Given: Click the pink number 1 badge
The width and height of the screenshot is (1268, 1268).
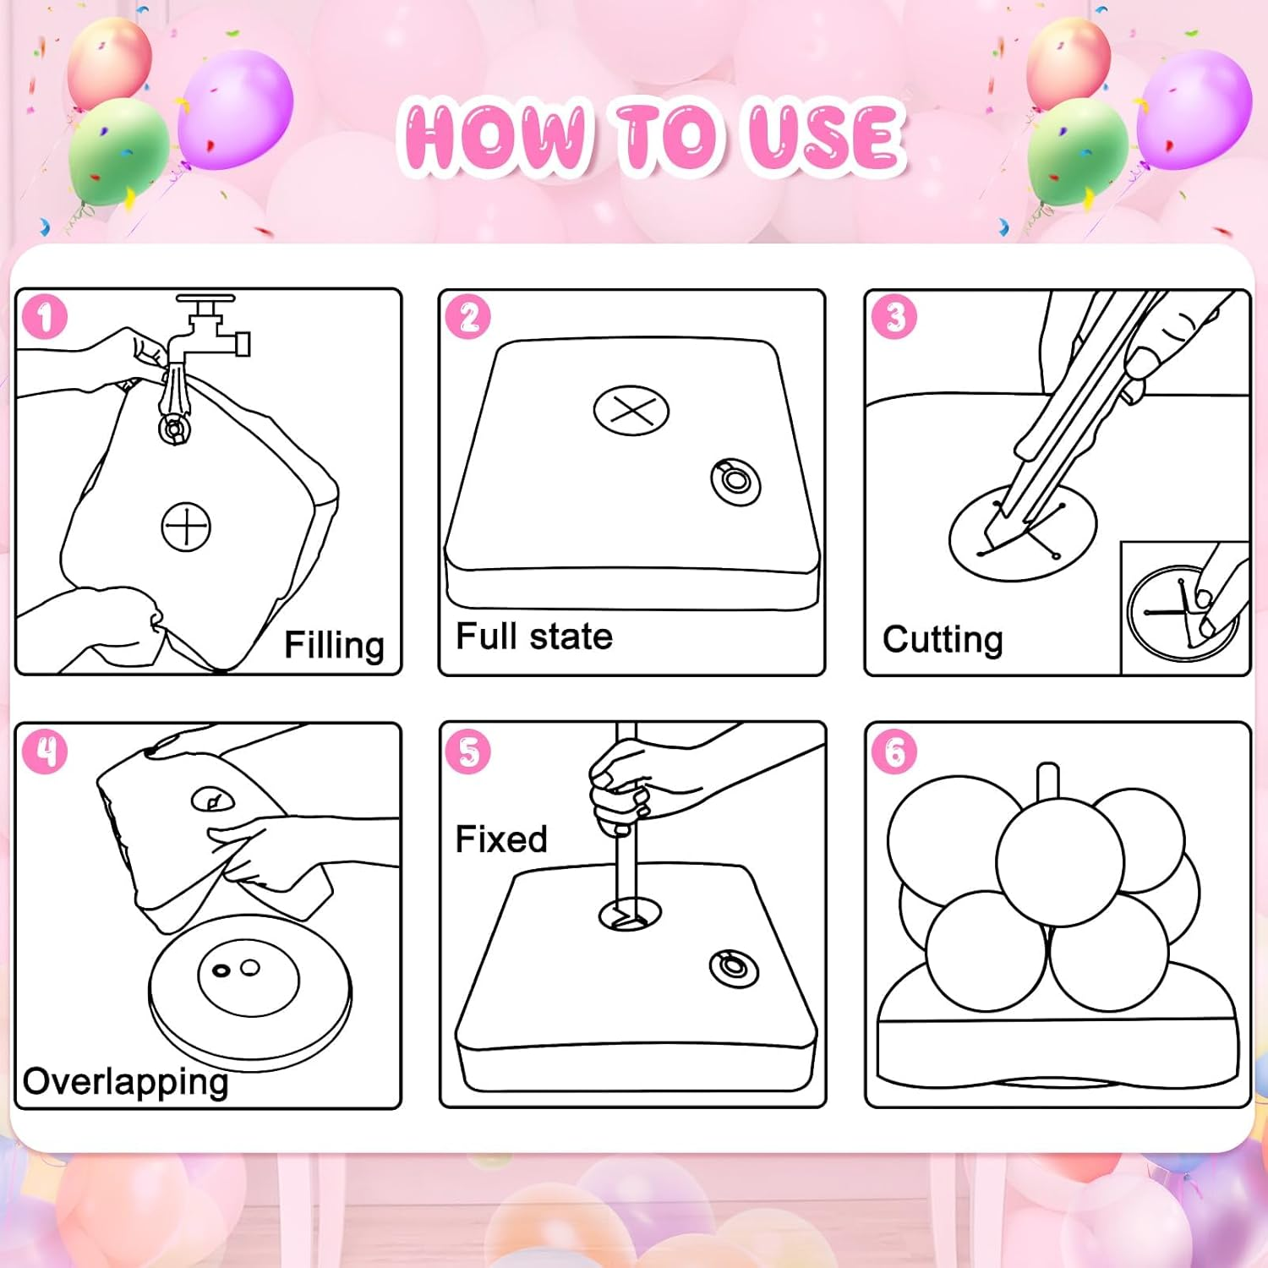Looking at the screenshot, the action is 45,317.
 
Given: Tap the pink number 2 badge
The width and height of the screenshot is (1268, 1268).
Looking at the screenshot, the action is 468,317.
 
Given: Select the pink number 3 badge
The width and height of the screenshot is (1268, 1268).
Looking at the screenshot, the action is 894,317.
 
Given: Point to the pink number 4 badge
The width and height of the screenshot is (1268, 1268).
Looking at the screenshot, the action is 45,752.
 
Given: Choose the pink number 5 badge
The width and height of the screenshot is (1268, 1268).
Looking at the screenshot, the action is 468,752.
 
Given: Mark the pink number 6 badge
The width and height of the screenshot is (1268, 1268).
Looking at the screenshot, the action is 894,752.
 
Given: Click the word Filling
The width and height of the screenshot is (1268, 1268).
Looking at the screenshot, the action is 334,646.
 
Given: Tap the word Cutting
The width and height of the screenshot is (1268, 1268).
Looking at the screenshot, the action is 943,640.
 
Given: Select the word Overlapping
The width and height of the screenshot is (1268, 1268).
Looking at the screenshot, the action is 126,1082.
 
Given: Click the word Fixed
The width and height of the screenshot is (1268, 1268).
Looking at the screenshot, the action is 501,839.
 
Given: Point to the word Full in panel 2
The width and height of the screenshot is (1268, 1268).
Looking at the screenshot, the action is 486,637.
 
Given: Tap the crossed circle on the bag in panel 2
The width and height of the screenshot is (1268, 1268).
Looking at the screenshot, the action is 631,411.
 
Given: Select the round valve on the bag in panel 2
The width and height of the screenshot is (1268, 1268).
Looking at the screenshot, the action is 735,482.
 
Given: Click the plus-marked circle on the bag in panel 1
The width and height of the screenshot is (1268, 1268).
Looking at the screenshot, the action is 186,527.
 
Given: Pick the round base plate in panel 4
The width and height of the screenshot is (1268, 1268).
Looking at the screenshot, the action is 250,993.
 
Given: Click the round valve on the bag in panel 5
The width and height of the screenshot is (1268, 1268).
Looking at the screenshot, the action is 733,968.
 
